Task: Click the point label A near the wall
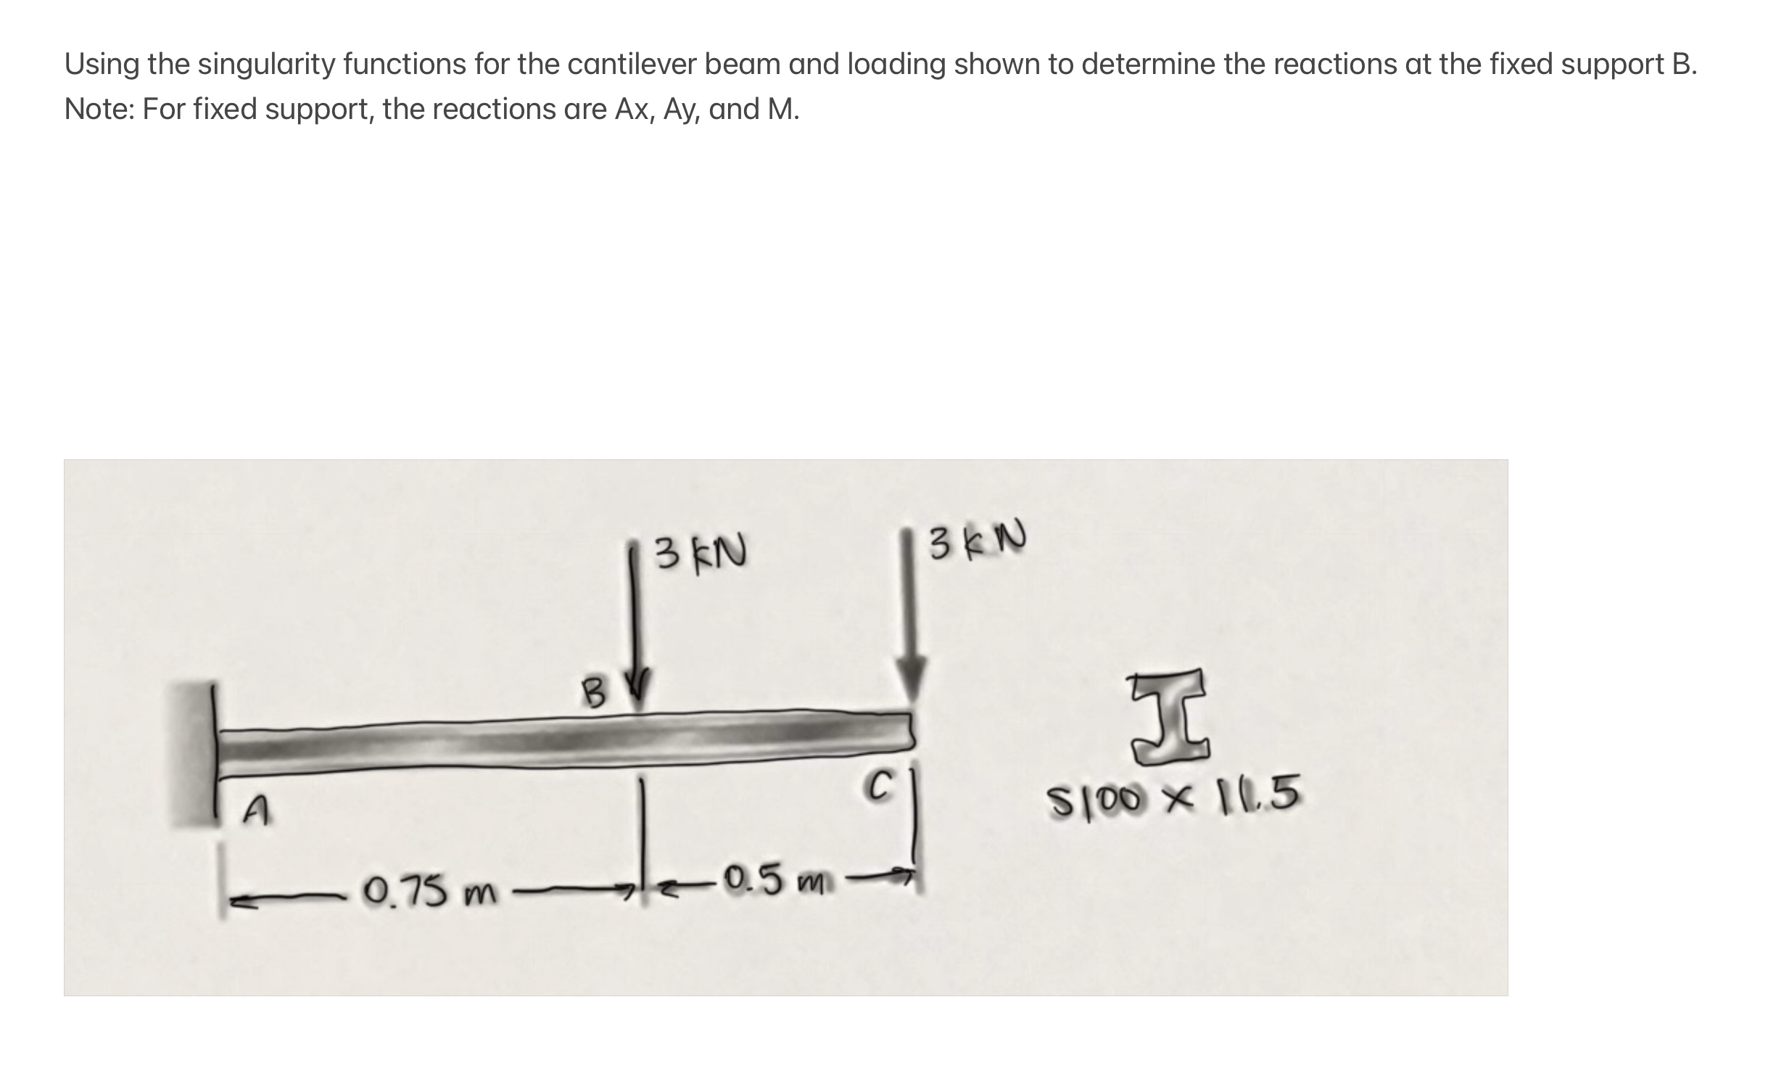(255, 811)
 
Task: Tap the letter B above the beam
(595, 693)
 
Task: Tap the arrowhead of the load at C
(911, 678)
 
